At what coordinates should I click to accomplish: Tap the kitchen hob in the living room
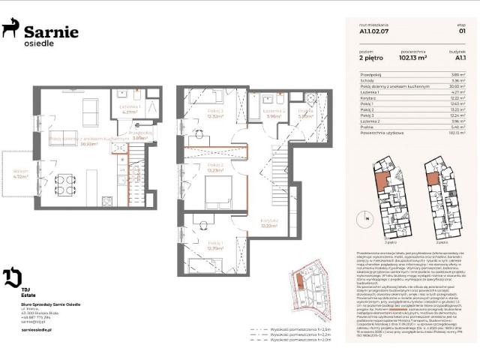[x=106, y=201]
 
